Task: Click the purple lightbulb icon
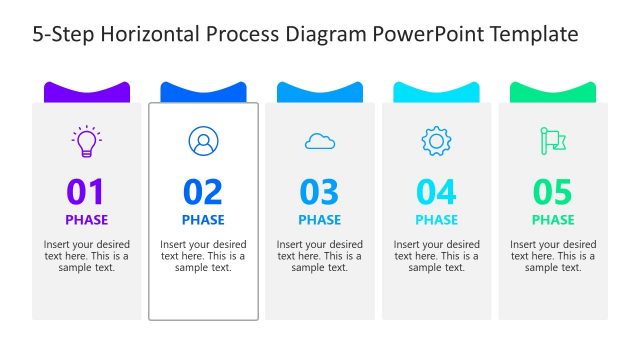click(87, 141)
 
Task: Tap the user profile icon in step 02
click(203, 141)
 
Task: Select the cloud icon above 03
click(320, 141)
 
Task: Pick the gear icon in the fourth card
click(436, 141)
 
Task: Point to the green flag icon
click(553, 141)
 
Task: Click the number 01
click(86, 191)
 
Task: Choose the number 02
click(203, 191)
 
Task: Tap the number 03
click(320, 191)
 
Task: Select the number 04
click(436, 191)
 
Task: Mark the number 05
click(553, 191)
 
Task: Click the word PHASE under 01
click(87, 220)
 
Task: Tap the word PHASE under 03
click(320, 220)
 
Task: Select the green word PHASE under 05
click(553, 220)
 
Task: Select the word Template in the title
click(531, 34)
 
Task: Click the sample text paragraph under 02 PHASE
click(203, 256)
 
